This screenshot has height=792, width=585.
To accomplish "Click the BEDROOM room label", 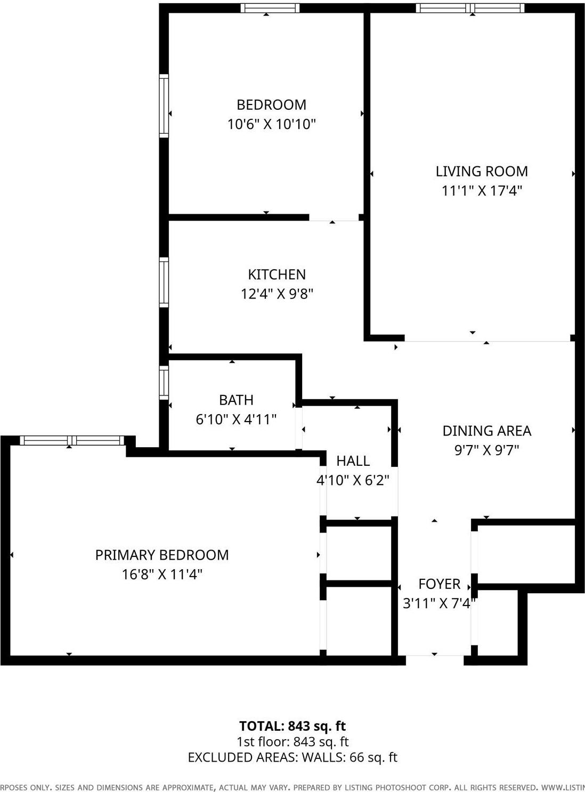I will point(271,104).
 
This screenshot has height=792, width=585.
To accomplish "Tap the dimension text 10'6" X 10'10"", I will point(271,124).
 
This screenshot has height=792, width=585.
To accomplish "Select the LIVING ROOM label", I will point(482,171).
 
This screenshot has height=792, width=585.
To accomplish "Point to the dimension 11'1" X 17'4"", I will point(482,191).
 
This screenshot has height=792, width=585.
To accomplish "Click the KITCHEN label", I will point(277,274).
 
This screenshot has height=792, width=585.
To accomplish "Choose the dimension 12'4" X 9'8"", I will point(277,294).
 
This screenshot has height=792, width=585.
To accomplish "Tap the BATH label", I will point(236,400).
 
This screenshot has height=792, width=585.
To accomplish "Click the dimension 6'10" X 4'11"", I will point(236,419).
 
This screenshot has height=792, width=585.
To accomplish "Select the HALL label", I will point(353,460).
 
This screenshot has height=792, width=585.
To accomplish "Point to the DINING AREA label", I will point(486,431).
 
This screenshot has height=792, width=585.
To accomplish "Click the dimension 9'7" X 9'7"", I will point(486,450).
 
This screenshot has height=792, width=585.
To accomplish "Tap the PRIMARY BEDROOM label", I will point(162,555).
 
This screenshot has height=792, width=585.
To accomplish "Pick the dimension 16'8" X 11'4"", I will point(162,575).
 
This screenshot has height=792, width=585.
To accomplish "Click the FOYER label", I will point(439,584).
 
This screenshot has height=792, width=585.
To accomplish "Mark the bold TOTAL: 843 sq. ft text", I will point(292,726).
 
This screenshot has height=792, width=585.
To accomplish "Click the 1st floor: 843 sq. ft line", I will point(292,741).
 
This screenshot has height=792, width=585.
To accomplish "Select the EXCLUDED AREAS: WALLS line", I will point(292,757).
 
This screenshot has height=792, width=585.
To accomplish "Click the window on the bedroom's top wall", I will point(270,8).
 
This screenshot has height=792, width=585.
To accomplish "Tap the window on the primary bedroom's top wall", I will point(72,440).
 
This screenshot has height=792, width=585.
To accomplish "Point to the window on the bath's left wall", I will point(164,382).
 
